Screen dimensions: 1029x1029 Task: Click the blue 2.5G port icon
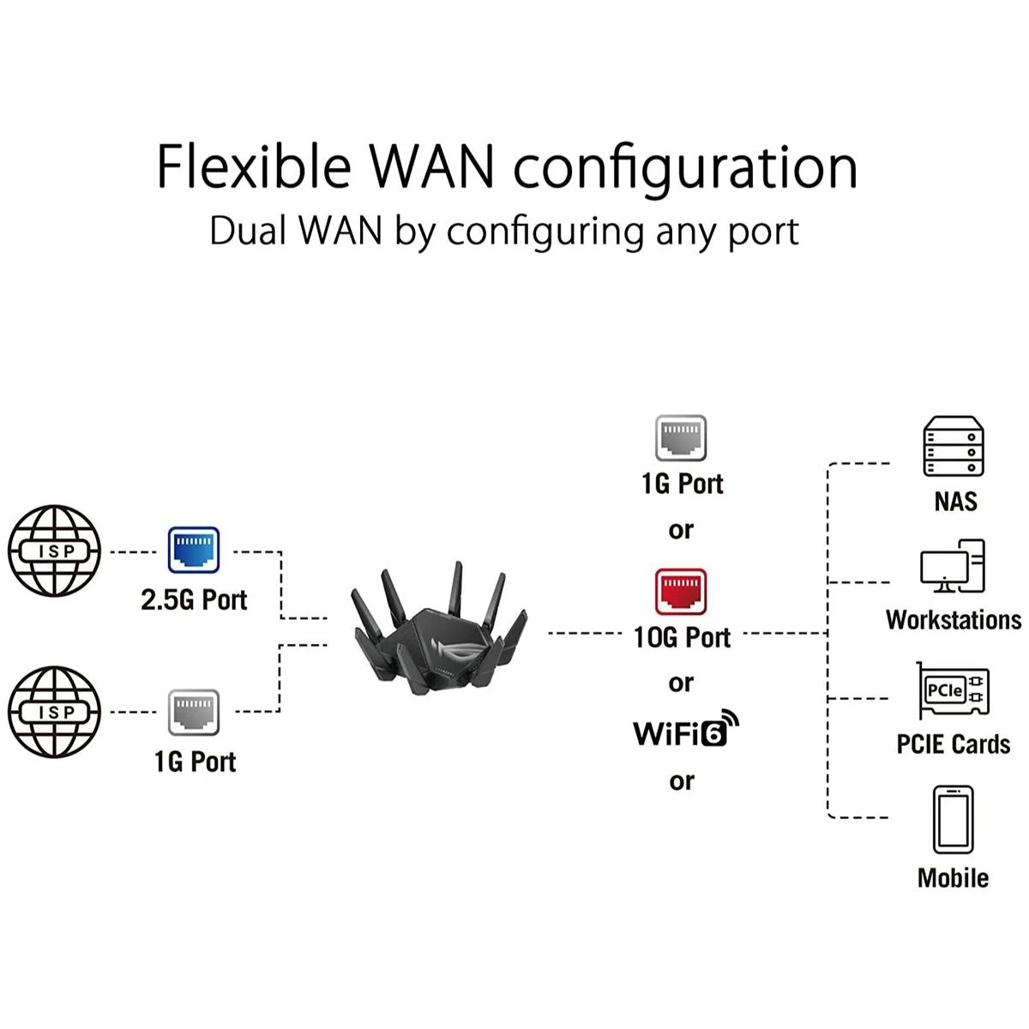(x=193, y=551)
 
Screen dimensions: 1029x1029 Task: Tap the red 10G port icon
(x=681, y=592)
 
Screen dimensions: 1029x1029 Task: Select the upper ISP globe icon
(x=55, y=551)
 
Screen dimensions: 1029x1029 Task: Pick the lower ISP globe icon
(x=55, y=712)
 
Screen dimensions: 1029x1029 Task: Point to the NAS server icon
(x=953, y=446)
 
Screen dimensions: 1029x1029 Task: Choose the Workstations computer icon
(x=953, y=566)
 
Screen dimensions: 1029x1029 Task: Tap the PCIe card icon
(x=953, y=691)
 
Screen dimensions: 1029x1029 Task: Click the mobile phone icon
(x=953, y=820)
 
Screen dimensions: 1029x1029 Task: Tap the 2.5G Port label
(x=194, y=599)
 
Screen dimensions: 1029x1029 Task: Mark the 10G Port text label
(x=682, y=637)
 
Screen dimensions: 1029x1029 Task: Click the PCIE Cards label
(x=954, y=743)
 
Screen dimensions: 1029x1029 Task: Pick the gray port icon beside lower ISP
(x=194, y=712)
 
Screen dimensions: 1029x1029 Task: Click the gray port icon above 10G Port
(x=681, y=439)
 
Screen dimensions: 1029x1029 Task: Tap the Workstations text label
(x=954, y=619)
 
